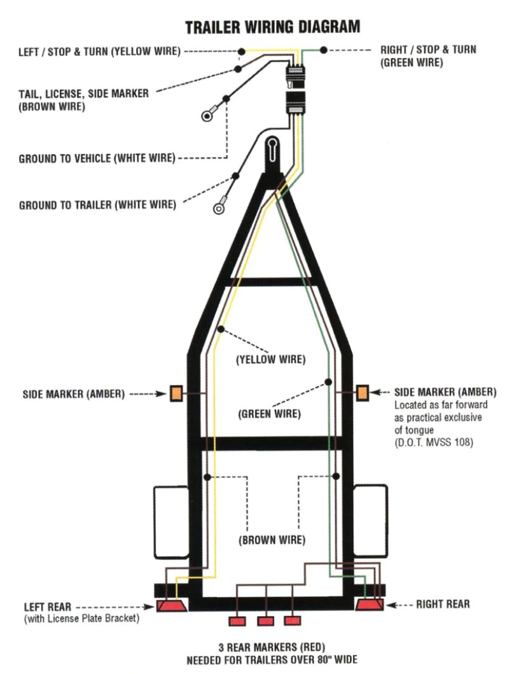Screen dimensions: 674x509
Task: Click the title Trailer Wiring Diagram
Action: pos(272,27)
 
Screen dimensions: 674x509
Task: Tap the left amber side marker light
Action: pos(176,393)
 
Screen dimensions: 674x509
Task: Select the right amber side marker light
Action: pos(362,393)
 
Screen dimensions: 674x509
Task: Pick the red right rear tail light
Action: pos(369,605)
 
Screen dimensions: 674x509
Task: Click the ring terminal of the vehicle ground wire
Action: pos(207,116)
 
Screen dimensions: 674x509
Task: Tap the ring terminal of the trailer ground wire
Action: pos(218,205)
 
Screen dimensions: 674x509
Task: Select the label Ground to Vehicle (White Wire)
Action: pos(97,158)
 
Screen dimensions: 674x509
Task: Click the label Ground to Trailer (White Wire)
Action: pos(97,205)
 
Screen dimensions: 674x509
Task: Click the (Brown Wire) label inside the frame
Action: pos(272,541)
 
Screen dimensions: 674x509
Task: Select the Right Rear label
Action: pos(443,603)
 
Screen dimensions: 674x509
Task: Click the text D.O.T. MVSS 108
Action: pos(434,441)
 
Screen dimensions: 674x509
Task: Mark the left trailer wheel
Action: pos(171,523)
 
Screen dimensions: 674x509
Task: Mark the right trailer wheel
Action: pos(370,523)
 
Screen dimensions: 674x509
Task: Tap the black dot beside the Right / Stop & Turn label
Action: pos(324,50)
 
